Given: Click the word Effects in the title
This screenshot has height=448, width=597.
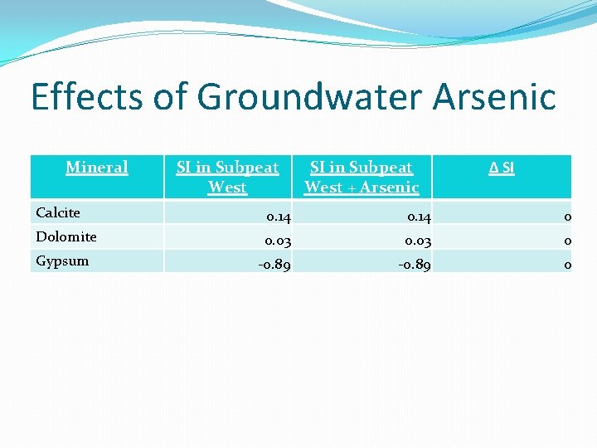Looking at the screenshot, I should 86,97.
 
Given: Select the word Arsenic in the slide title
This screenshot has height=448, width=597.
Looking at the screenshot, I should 493,97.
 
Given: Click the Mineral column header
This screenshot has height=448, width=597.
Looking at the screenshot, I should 97,168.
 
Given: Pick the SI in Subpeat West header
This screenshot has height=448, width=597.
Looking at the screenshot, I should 227,177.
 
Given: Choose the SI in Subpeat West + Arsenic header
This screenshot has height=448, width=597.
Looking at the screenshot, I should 362,177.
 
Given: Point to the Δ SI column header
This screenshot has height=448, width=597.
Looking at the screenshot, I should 501,168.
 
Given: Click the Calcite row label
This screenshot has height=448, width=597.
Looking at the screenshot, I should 58,213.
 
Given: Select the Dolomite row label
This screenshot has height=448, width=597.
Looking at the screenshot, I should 66,237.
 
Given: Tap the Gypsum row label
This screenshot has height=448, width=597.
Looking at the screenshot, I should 61,261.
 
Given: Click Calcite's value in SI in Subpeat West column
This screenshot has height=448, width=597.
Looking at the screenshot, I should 279,217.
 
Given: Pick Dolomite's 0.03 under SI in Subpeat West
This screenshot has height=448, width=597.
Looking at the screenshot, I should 279,241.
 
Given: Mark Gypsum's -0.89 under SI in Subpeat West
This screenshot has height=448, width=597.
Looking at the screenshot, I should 274,265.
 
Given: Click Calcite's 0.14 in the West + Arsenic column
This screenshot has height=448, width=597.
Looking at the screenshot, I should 418,217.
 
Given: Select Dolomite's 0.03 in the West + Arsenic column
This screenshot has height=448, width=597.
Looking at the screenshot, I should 418,241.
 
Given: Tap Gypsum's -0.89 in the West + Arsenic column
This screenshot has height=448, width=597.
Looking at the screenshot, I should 415,265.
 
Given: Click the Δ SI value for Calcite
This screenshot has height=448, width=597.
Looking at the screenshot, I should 567,217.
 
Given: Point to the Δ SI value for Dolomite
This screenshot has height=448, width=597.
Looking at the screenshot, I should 567,241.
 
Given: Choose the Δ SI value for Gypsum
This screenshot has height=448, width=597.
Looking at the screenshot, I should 567,265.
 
